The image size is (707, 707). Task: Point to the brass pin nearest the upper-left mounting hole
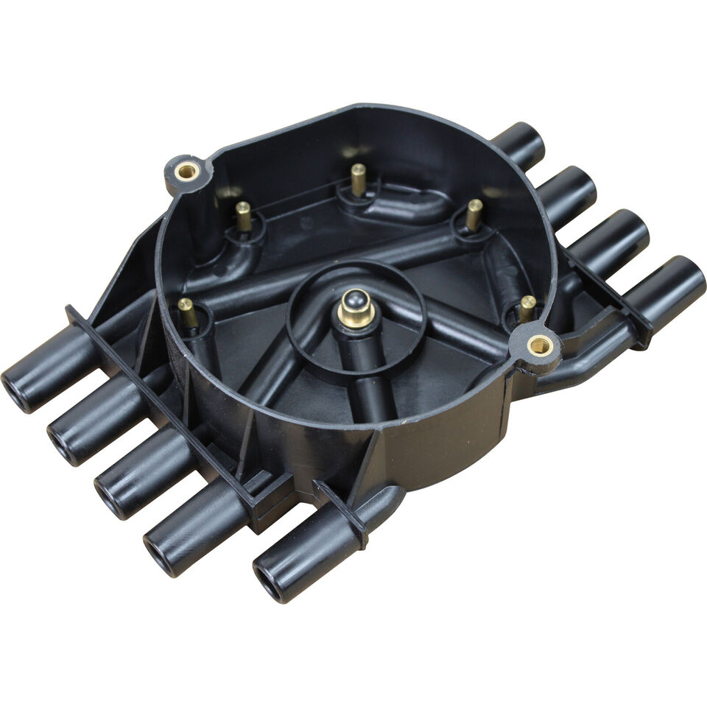tap(243, 215)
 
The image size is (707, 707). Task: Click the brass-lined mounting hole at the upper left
tap(186, 172)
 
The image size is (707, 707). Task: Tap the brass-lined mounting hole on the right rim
tap(540, 344)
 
